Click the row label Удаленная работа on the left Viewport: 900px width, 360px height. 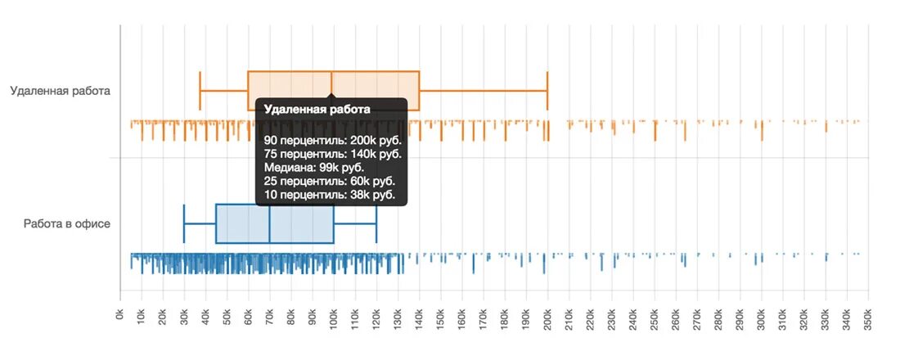click(60, 91)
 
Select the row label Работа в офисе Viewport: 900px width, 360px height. click(67, 223)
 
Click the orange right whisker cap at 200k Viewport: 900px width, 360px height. click(547, 91)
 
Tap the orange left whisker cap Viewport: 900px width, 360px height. click(200, 91)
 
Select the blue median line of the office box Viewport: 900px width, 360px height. click(269, 223)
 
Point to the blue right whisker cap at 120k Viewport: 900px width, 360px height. click(376, 223)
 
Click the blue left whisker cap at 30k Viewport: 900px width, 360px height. click(184, 223)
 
